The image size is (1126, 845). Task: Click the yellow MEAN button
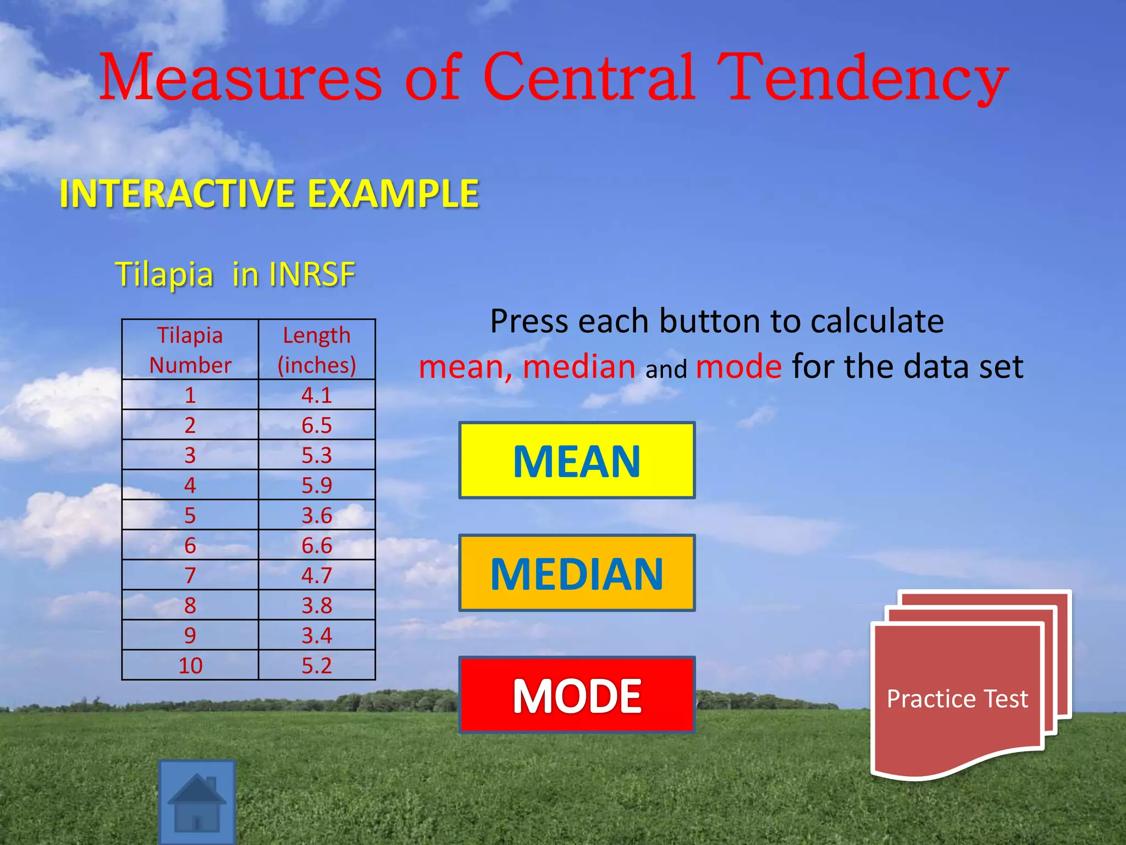(x=577, y=460)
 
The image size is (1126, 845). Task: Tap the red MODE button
(x=577, y=695)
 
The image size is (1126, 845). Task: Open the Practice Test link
(x=957, y=699)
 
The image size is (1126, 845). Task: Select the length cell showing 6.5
(x=317, y=425)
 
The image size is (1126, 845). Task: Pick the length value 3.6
(x=317, y=515)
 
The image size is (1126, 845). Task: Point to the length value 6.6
(x=317, y=545)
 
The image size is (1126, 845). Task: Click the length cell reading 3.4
(x=317, y=635)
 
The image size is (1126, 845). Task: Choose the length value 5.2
(x=317, y=666)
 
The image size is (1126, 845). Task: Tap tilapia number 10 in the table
(x=190, y=666)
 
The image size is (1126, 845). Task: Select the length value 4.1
(x=317, y=395)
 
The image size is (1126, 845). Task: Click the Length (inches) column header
(x=317, y=350)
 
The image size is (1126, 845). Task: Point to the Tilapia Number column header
(x=190, y=350)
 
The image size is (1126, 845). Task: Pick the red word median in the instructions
(x=579, y=366)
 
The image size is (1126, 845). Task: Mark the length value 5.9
(x=317, y=485)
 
